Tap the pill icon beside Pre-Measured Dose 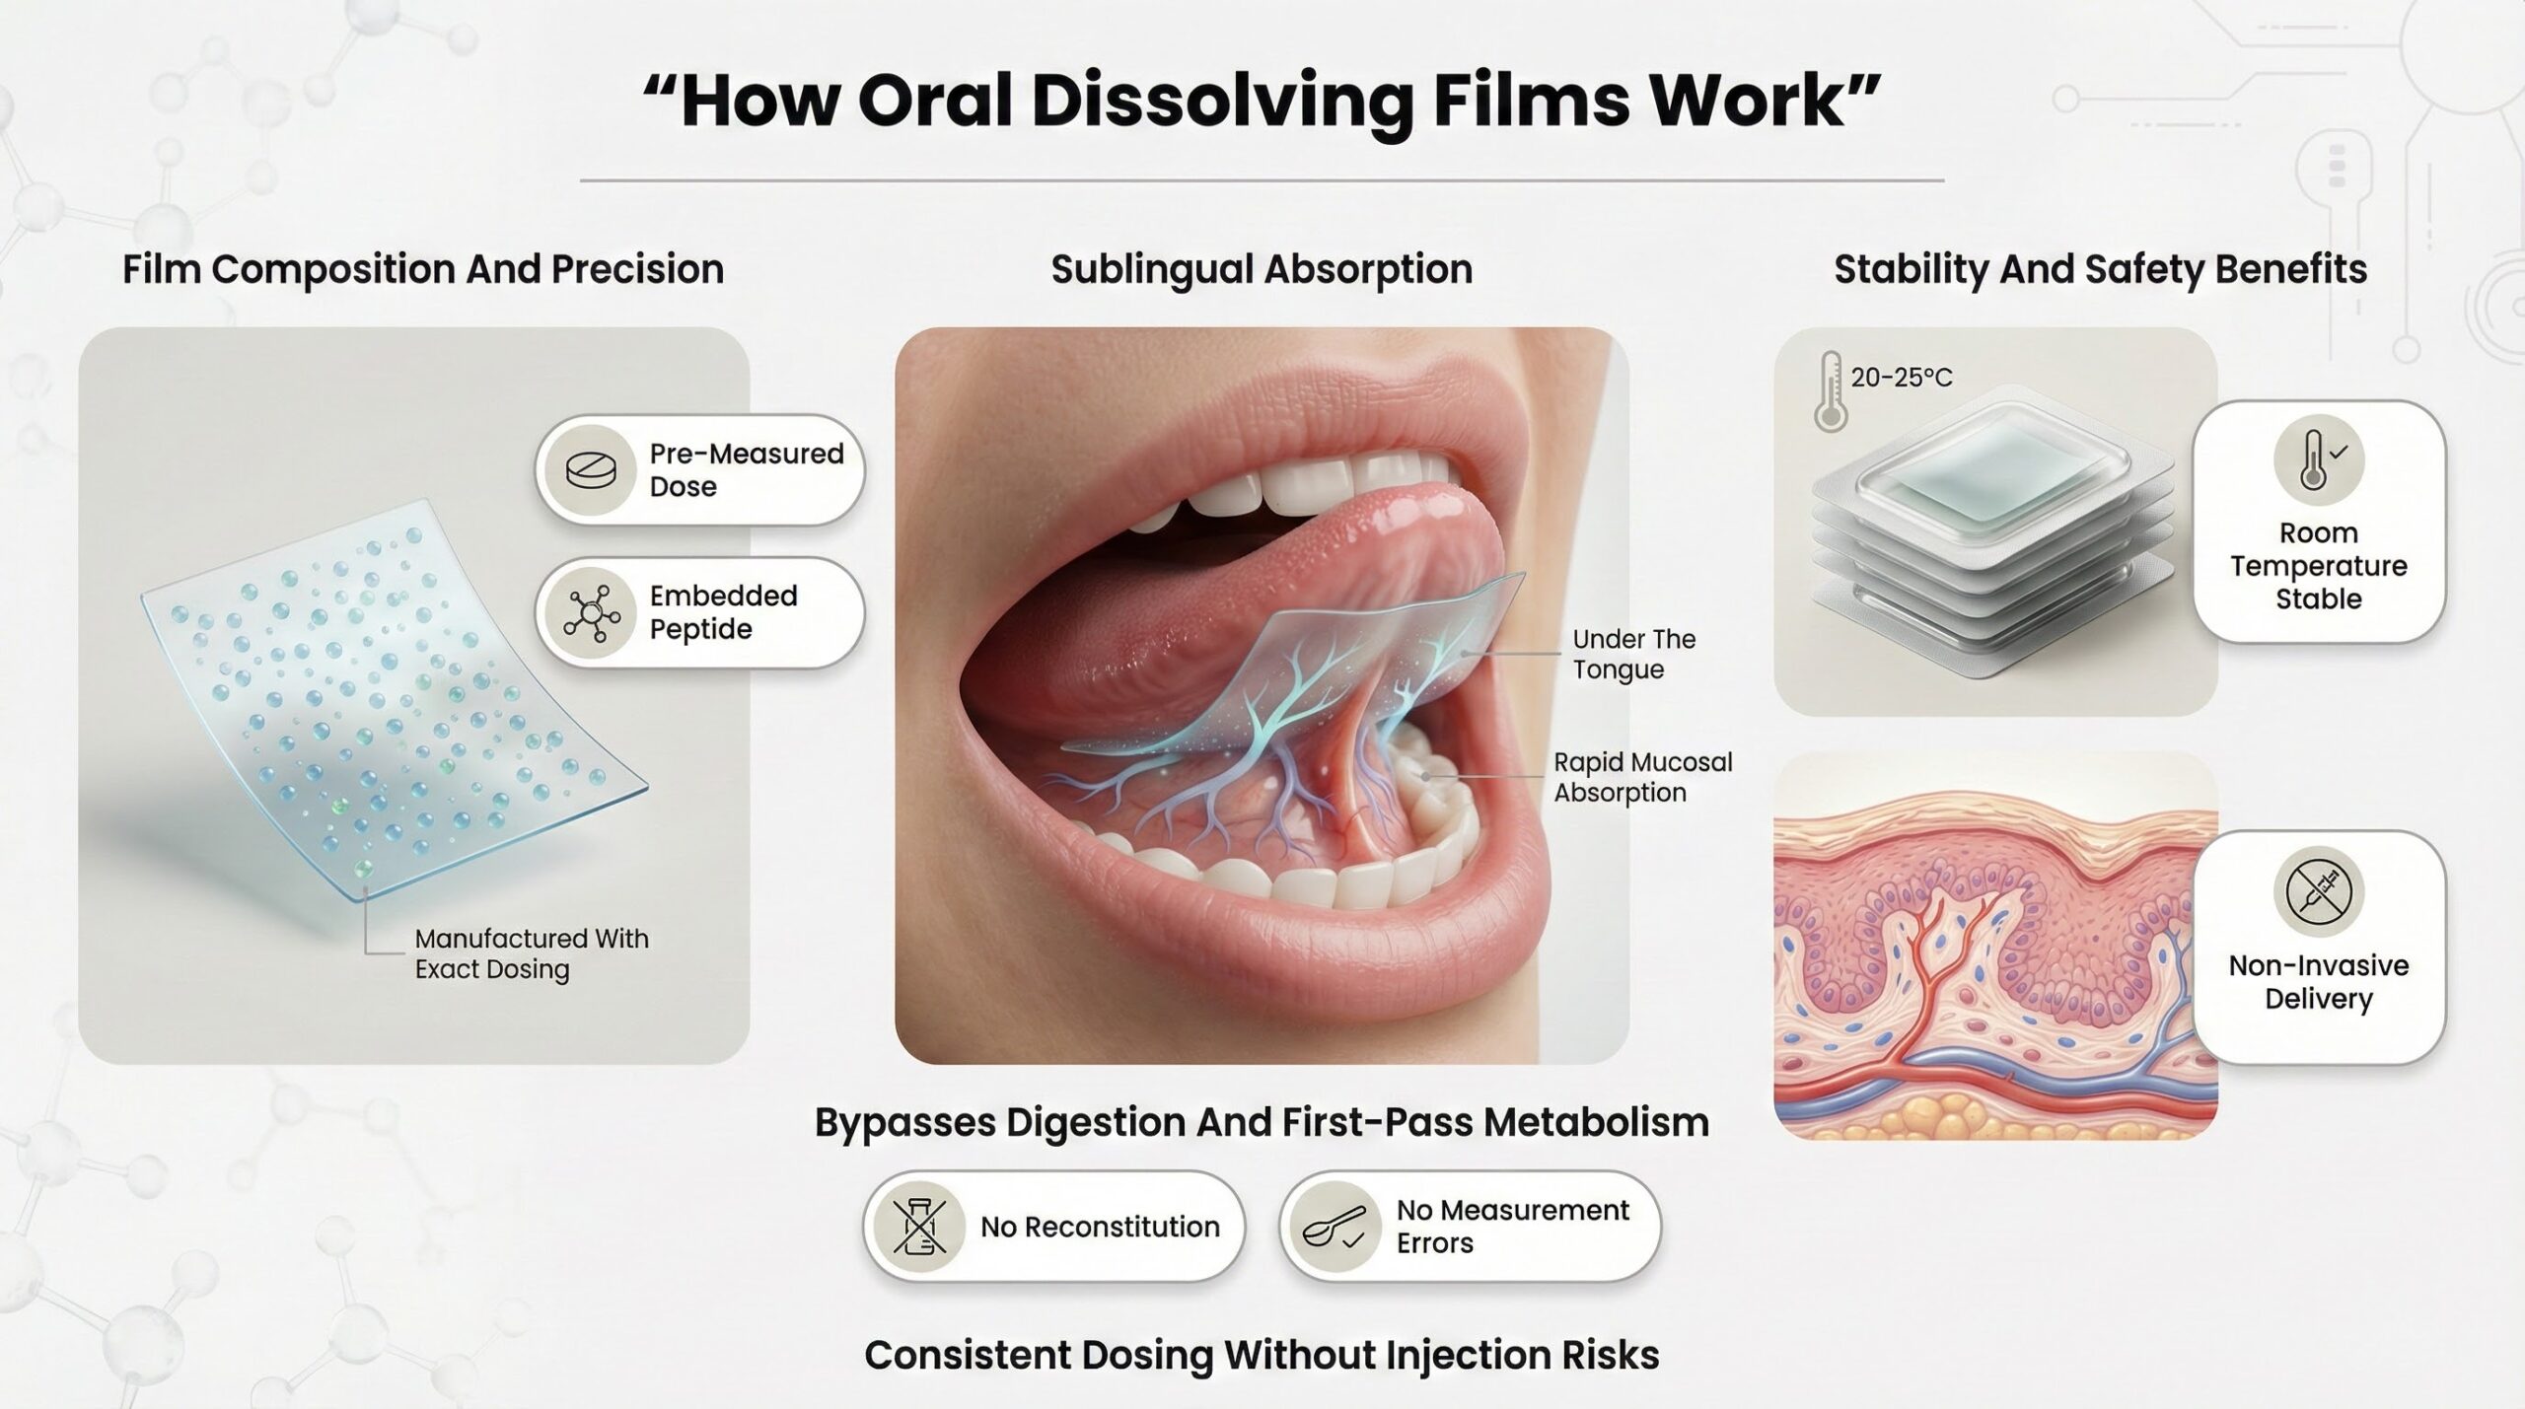click(x=591, y=470)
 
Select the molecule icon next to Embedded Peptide click(x=591, y=613)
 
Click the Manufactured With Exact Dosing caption click(x=532, y=953)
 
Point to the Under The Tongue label click(x=1634, y=654)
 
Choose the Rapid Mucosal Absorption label click(x=1643, y=777)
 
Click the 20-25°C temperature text click(x=1902, y=378)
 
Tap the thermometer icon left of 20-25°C click(x=1830, y=391)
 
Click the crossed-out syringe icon click(x=2318, y=890)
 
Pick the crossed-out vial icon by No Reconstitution click(x=920, y=1227)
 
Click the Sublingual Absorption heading click(x=1262, y=269)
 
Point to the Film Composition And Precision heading click(x=423, y=269)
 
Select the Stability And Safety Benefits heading click(x=2101, y=269)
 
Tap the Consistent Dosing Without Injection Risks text click(x=1262, y=1355)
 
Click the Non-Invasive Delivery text click(x=2319, y=982)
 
